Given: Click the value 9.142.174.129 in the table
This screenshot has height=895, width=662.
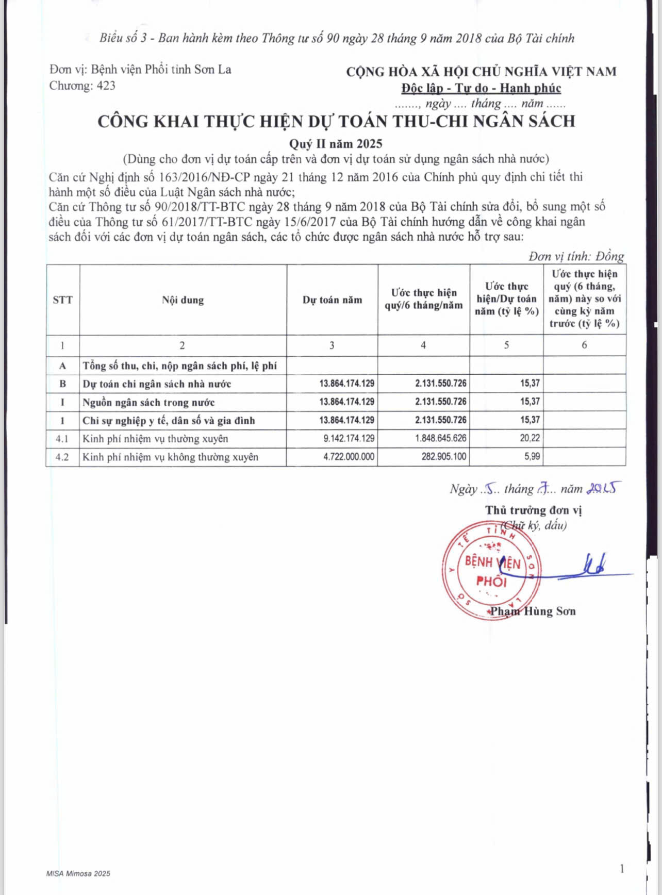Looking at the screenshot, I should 349,439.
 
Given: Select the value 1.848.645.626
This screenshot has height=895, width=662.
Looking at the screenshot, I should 441,439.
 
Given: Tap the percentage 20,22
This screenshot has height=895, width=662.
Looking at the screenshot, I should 529,438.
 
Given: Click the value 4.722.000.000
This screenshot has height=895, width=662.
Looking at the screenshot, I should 349,457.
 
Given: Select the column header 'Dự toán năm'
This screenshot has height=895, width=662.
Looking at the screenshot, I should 332,300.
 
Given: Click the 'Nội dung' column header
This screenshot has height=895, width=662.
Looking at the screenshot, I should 183,300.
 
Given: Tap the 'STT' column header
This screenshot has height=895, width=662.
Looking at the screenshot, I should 62,300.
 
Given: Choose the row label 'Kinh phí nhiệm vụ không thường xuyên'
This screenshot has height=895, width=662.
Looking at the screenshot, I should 170,457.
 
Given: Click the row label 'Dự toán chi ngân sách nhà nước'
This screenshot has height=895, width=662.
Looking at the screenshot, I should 157,384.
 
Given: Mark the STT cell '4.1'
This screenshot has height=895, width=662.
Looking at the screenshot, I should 62,439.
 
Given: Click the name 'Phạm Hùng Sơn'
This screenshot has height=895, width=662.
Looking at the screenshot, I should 533,611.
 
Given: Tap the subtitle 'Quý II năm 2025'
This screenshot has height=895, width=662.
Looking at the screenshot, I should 335,144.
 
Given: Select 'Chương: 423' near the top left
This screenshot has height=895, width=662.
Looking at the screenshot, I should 82,86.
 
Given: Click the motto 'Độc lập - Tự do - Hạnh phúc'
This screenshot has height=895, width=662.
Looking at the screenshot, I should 481,88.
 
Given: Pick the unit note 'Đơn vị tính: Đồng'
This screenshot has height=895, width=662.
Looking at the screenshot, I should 576,256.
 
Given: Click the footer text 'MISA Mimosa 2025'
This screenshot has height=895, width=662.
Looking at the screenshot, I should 78,873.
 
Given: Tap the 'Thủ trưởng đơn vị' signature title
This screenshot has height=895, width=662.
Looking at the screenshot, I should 533,510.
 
